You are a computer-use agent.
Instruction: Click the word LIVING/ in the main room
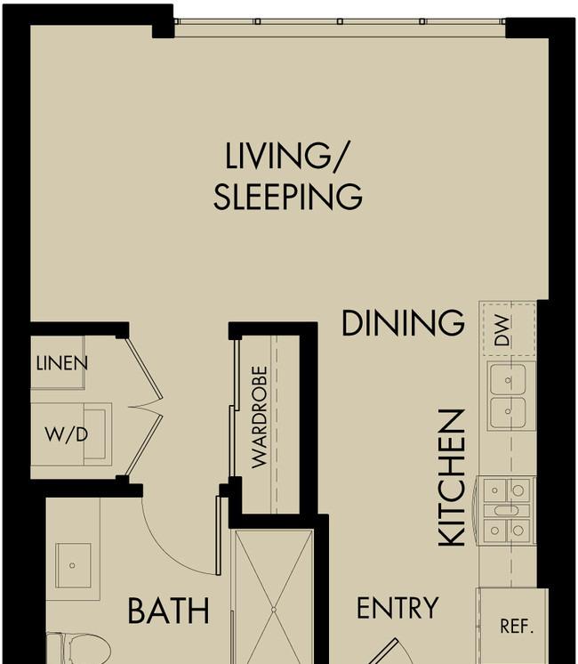point(285,157)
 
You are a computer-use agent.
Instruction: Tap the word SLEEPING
point(288,197)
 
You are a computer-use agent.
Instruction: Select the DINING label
point(403,323)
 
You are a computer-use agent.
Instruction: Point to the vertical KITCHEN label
point(451,478)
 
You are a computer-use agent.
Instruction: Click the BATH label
point(168,611)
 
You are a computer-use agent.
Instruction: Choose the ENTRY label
point(397,608)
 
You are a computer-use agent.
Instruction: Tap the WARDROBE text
point(260,417)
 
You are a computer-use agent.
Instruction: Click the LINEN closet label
point(61,363)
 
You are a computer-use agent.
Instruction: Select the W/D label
point(67,434)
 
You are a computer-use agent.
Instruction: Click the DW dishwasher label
point(502,330)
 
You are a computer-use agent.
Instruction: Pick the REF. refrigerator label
point(517,626)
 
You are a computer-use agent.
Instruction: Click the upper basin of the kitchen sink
point(508,379)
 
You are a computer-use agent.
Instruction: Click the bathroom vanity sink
point(73,565)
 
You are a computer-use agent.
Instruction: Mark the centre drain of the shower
point(274,610)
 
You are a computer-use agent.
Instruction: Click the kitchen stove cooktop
point(506,510)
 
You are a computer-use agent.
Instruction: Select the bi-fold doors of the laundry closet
point(144,408)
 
